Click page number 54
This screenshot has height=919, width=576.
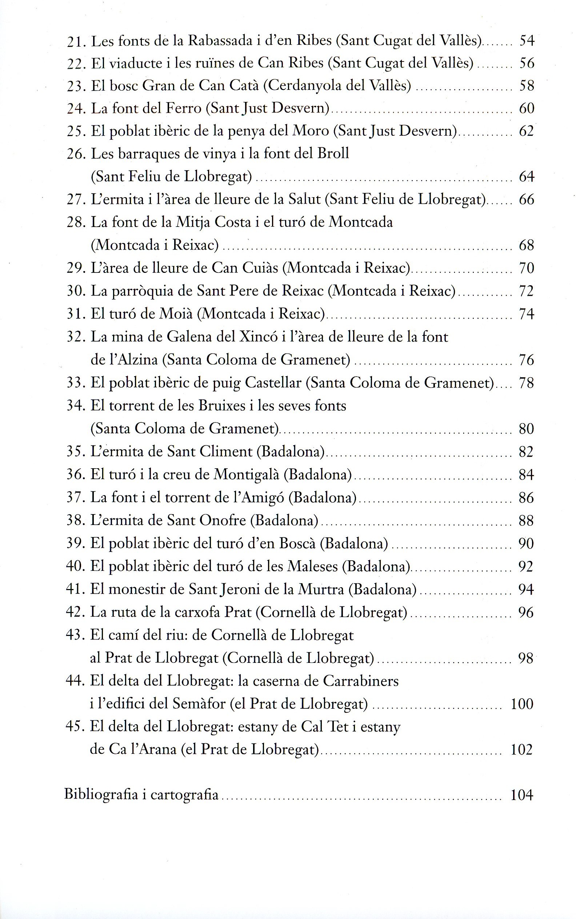(x=527, y=40)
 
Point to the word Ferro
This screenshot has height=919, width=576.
(x=184, y=109)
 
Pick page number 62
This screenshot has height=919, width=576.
(x=527, y=131)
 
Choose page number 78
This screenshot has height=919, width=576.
(x=527, y=383)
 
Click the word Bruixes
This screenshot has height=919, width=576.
(x=221, y=406)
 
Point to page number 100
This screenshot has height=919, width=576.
(x=522, y=704)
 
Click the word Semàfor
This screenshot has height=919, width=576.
(x=199, y=704)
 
